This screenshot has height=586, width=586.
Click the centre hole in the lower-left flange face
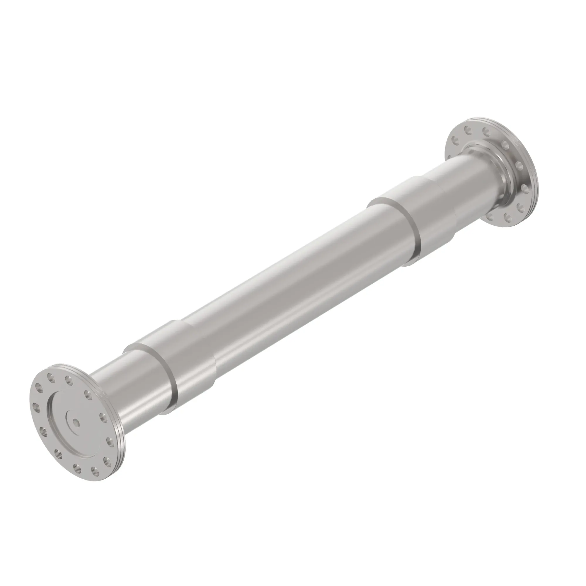(x=75, y=421)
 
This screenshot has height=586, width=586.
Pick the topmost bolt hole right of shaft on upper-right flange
(x=505, y=143)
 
